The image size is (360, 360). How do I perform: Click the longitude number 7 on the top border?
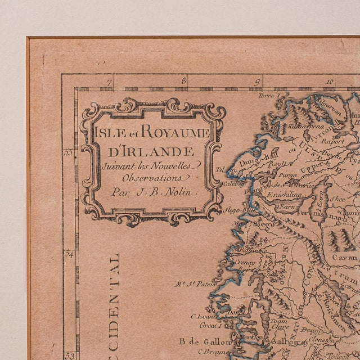(x=110, y=82)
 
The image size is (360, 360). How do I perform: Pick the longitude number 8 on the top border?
(x=184, y=82)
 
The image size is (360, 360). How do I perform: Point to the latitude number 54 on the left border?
(x=69, y=254)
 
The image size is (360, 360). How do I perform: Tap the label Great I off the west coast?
(x=204, y=325)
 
